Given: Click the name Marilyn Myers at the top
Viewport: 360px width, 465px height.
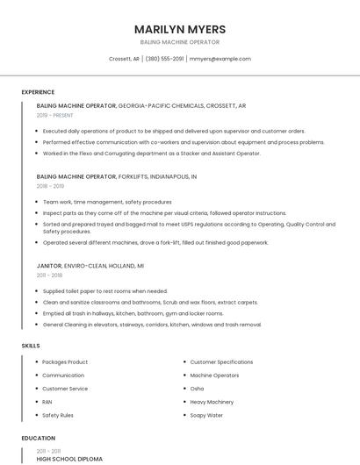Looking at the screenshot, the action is click(x=180, y=29).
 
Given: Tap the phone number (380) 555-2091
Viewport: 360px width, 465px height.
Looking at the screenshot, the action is click(x=164, y=59).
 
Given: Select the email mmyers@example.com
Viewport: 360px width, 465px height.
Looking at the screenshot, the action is click(x=220, y=59).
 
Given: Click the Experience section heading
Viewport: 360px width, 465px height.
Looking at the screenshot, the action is click(x=38, y=92).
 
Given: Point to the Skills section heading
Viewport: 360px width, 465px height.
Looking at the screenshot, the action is click(x=31, y=346).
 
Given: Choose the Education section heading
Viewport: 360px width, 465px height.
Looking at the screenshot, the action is click(x=38, y=438).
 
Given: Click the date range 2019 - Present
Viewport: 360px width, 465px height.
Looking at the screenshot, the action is click(x=54, y=115).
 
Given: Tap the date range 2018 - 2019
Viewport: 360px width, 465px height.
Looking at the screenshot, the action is click(x=50, y=186).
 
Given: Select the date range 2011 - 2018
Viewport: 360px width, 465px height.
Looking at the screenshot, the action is click(x=49, y=275).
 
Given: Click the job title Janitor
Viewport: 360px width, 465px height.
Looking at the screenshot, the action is click(x=49, y=265).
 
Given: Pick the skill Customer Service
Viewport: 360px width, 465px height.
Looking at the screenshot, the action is click(x=65, y=389).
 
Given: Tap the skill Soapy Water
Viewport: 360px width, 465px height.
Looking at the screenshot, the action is click(x=206, y=415).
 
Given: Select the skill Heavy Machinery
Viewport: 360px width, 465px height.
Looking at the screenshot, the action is click(x=212, y=402).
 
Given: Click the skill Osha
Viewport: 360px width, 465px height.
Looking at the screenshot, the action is click(x=197, y=389).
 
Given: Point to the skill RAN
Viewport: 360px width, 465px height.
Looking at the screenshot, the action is click(x=47, y=402).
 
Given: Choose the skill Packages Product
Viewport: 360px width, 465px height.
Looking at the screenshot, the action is click(x=65, y=362).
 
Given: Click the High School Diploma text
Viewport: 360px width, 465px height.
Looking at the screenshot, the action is click(x=69, y=459).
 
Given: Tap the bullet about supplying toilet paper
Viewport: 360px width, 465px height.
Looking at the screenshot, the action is click(x=104, y=291).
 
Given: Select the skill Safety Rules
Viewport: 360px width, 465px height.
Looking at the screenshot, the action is click(x=58, y=415).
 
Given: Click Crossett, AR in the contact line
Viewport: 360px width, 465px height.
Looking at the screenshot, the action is click(x=124, y=59).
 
